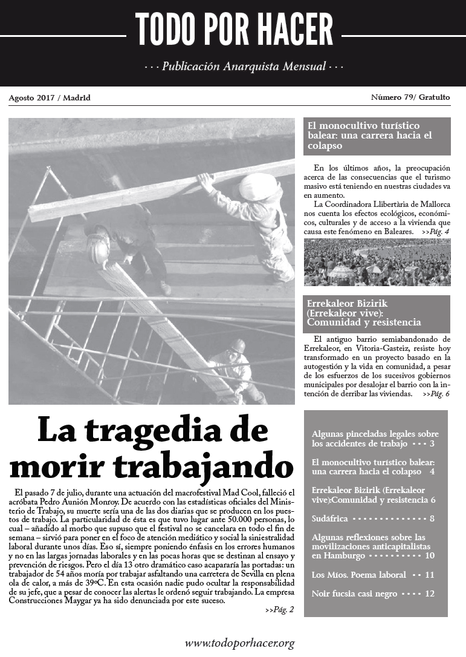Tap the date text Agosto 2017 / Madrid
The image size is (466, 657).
(50, 97)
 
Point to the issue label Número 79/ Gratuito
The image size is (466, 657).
(410, 97)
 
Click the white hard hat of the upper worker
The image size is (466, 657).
(258, 186)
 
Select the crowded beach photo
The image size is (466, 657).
(377, 262)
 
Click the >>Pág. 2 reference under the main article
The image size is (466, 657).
(279, 610)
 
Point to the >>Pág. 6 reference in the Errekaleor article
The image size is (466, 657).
(435, 394)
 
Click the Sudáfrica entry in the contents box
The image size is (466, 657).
(330, 518)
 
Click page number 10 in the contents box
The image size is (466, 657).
(430, 555)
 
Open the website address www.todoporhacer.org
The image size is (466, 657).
(240, 642)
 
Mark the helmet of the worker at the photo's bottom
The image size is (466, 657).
(237, 345)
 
